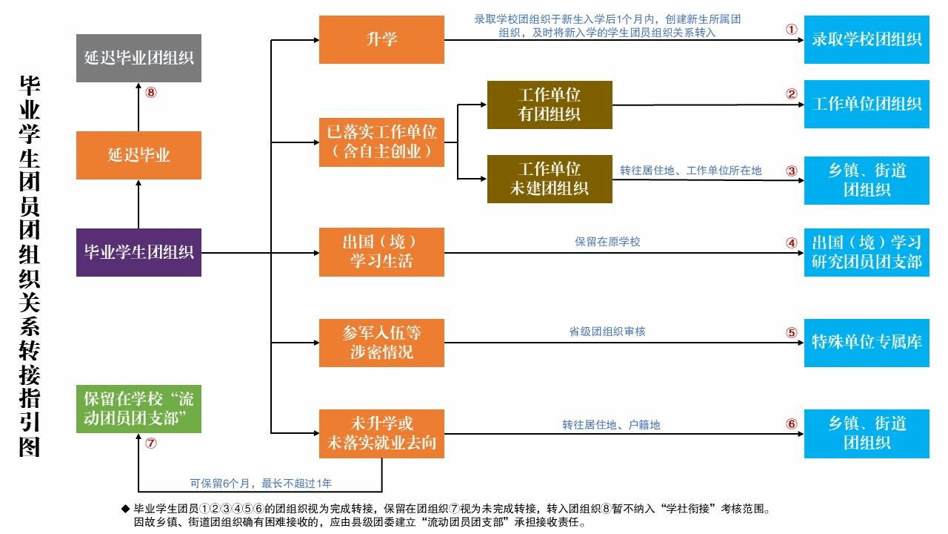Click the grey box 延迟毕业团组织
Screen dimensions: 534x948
click(x=138, y=58)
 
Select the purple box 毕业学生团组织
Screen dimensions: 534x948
click(x=138, y=252)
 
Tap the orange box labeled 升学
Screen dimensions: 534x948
click(x=381, y=39)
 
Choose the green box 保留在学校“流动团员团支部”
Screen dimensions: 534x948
click(x=138, y=409)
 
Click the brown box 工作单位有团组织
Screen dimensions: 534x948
click(x=550, y=105)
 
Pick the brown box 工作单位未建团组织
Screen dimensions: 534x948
click(x=550, y=179)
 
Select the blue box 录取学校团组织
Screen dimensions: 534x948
click(x=867, y=39)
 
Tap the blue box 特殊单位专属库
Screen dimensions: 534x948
click(x=867, y=342)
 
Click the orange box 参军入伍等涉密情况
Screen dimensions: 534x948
click(x=381, y=342)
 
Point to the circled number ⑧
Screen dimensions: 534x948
click(x=151, y=93)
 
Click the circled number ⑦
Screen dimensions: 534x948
click(x=151, y=444)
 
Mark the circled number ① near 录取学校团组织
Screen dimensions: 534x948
click(x=791, y=30)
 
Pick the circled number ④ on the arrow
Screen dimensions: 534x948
click(x=791, y=243)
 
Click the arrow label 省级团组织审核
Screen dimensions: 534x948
click(x=607, y=332)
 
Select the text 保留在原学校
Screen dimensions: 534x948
click(x=607, y=242)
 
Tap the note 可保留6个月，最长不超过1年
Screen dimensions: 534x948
click(x=261, y=484)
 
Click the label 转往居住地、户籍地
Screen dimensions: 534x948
click(x=611, y=425)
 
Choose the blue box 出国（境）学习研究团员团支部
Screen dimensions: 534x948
click(x=867, y=252)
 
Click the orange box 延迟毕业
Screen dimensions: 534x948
click(x=138, y=155)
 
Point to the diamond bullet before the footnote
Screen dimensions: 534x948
click(x=125, y=509)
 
